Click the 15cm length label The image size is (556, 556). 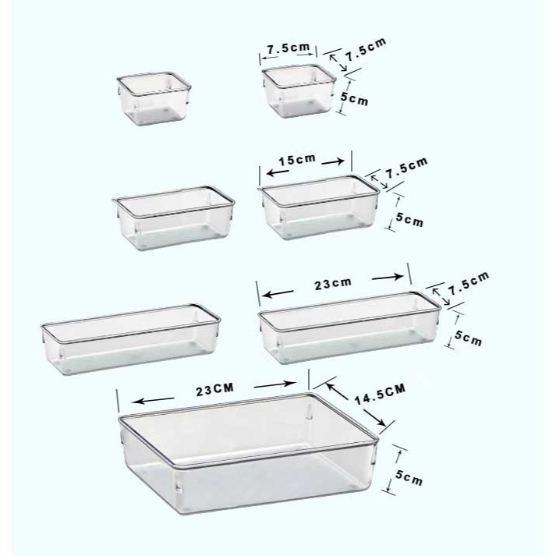pos(297,160)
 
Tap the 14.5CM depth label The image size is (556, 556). pos(380,394)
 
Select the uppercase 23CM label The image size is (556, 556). pos(215,389)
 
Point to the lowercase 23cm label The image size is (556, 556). pos(333,283)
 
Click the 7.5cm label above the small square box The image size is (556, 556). pos(289,48)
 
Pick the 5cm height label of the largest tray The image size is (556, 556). pos(409,479)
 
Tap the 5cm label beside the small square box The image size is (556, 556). pos(354,99)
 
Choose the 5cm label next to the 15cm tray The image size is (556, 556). pos(409,220)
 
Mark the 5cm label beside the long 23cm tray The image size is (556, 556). pos(469,338)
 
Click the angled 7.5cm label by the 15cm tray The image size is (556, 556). pos(407,168)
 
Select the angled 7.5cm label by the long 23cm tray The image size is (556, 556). pos(469,283)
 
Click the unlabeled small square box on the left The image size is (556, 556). pos(154,98)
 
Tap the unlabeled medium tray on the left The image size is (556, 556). pos(173,218)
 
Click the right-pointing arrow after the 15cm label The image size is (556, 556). pos(333,162)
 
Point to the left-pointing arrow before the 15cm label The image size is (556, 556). pos(278,172)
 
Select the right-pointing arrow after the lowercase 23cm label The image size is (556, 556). pos(388,278)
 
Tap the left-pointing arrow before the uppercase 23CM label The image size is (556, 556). pos(153,400)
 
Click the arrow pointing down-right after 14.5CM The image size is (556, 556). pos(374,418)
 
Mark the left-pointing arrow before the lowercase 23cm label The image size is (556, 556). pos(278,294)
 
